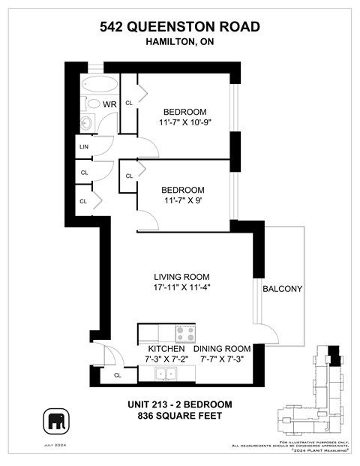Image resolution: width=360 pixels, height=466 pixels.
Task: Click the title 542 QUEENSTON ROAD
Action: point(180,27)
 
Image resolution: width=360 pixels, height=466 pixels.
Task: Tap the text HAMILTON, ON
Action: point(180,44)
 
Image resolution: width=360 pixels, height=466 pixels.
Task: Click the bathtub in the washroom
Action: point(99,83)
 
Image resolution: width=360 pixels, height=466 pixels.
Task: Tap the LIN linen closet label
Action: point(84,147)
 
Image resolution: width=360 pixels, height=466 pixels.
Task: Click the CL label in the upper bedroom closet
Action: point(129,103)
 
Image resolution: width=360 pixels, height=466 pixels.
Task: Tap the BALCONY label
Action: point(282,289)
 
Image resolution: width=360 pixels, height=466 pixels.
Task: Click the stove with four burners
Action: point(185,333)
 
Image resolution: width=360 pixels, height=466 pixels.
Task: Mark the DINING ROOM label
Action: point(221,349)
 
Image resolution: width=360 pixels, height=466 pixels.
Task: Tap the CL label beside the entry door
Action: point(118,375)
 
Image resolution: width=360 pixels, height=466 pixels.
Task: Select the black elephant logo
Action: point(56,421)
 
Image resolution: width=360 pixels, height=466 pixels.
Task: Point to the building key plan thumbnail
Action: point(315,394)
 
